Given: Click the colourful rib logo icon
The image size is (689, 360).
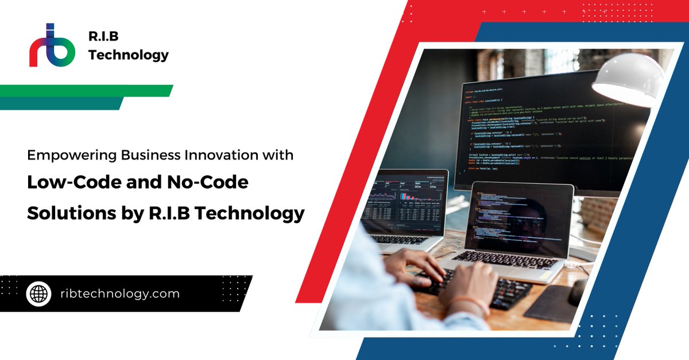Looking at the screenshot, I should pyautogui.click(x=52, y=45).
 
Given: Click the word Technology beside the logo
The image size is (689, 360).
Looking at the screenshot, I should pyautogui.click(x=129, y=55).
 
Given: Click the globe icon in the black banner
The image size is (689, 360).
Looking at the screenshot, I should pyautogui.click(x=39, y=294).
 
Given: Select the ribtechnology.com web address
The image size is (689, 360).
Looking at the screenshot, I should pyautogui.click(x=119, y=294).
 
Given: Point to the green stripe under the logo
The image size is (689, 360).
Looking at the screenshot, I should pyautogui.click(x=86, y=91).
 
